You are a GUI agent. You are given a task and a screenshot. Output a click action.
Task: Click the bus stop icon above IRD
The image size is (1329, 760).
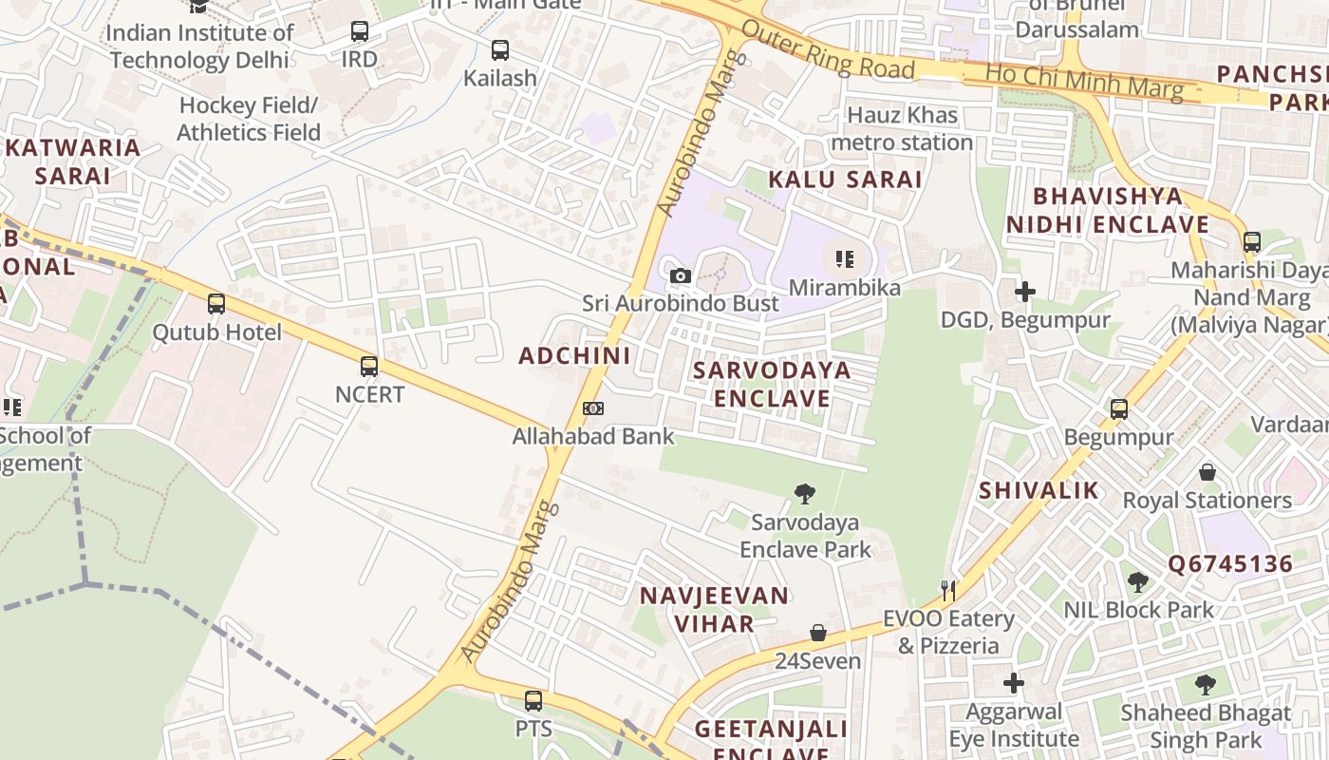coord(360,31)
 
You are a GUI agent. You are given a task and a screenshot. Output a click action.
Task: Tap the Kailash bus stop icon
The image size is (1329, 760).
coord(500,50)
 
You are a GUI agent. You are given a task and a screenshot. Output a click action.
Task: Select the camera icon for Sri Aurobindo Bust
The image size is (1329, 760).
coord(681,276)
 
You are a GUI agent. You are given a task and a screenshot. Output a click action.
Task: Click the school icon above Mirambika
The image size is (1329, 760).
coord(845,258)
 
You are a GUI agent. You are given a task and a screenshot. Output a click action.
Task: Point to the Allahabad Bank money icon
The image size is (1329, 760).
coord(593,408)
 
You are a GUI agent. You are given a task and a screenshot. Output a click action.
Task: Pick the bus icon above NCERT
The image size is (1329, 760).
coord(369,366)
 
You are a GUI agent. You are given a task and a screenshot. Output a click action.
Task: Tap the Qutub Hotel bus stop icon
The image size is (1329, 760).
coord(216,304)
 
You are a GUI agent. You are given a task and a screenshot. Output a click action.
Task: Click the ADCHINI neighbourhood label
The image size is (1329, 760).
coord(574,356)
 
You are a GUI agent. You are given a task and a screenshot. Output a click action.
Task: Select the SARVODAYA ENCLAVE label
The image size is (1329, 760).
coord(772,384)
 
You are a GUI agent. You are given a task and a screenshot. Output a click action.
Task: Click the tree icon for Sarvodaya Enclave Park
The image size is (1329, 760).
coord(805,494)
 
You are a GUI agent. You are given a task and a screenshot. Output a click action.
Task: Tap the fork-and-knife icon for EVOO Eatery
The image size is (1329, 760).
coord(948,590)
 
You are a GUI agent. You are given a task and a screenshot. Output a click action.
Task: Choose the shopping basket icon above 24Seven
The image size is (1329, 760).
coord(818,633)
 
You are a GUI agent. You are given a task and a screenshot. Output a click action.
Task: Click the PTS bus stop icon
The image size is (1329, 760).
coord(533,701)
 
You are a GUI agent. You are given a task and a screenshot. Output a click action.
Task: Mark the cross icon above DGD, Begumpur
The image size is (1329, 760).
coord(1024,292)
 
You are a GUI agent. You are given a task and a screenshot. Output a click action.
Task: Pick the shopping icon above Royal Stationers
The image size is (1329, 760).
coord(1207,472)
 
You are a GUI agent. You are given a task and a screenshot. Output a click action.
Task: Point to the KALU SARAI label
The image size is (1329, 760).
coord(845,180)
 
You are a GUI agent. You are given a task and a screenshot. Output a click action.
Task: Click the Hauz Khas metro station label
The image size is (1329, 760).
coord(902,129)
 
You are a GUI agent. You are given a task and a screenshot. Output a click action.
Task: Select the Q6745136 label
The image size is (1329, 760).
coord(1230,564)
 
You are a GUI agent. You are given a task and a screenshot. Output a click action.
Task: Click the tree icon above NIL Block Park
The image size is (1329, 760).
coord(1138,582)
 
